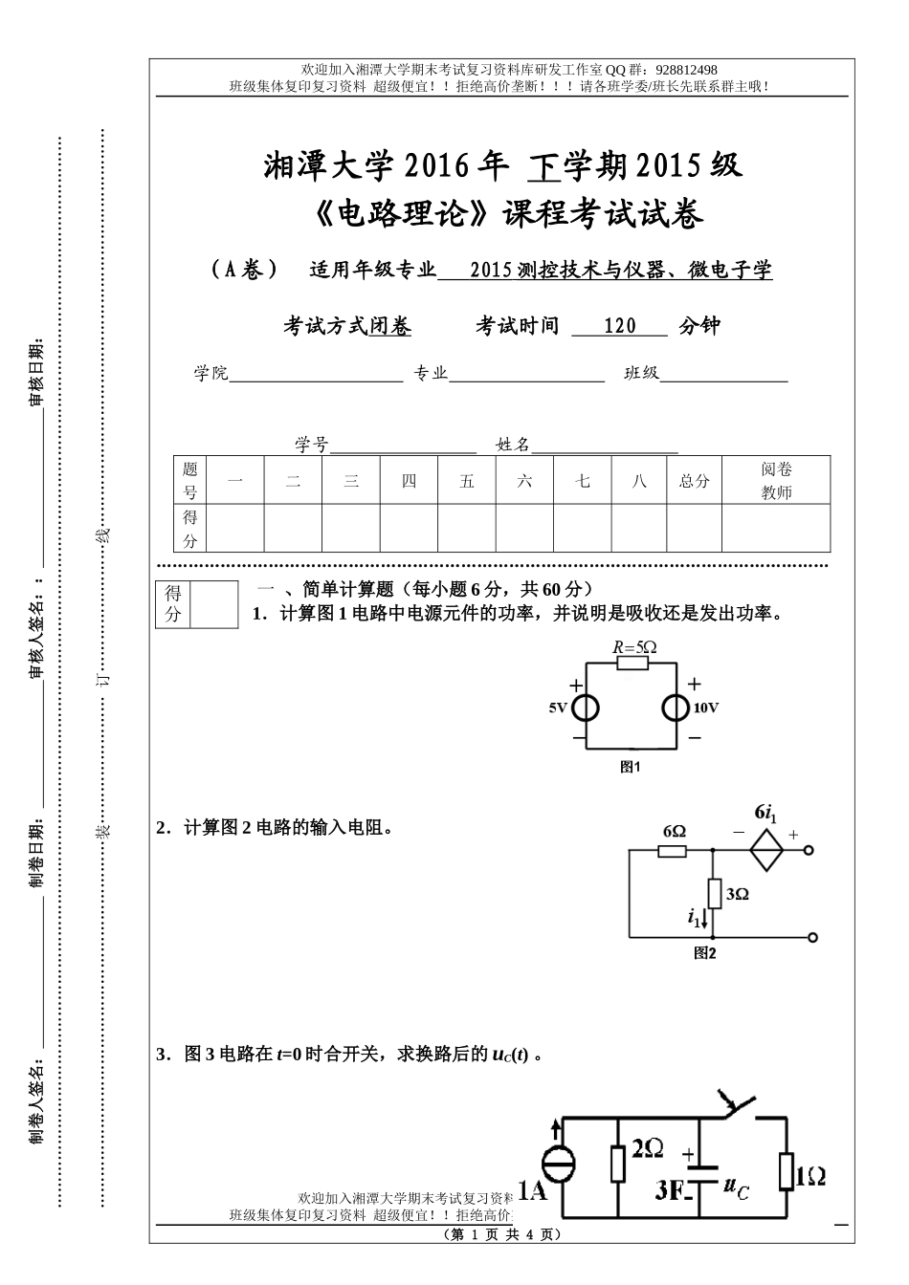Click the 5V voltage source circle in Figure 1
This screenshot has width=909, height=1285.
click(586, 708)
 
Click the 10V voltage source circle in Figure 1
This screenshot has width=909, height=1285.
click(676, 708)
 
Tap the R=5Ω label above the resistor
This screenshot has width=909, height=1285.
click(634, 647)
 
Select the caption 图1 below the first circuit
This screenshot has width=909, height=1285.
click(630, 767)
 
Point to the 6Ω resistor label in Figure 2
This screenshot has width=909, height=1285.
click(674, 832)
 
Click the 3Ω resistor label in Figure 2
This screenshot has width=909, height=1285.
click(737, 894)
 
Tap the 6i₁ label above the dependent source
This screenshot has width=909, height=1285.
click(765, 815)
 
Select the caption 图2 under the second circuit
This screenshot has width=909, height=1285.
click(705, 953)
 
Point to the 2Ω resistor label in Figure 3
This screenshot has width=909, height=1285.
click(648, 1148)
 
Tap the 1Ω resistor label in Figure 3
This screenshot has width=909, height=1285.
click(810, 1177)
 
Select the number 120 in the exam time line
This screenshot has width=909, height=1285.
click(620, 326)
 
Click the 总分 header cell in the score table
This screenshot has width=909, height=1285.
click(695, 481)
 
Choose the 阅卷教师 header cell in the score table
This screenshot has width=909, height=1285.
click(776, 481)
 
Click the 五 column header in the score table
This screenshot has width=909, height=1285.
click(467, 481)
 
